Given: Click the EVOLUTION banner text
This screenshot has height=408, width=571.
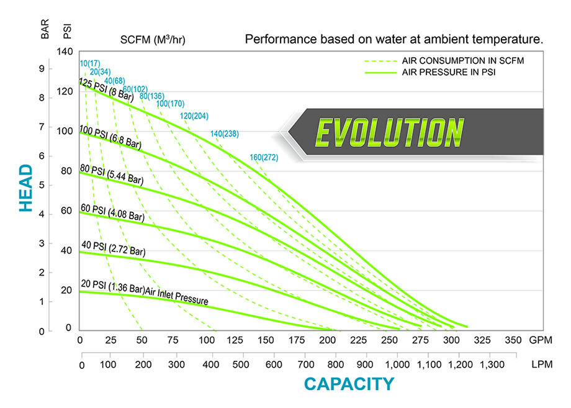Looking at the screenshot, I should (390, 132).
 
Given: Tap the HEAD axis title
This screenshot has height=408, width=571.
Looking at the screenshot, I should (25, 188).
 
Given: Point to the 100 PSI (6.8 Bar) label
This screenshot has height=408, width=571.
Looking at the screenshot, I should (110, 137).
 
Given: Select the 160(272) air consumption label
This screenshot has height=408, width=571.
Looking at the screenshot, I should (264, 158).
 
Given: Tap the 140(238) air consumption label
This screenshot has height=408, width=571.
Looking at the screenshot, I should (225, 134).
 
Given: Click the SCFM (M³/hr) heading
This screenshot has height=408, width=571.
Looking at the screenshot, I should (153, 40).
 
